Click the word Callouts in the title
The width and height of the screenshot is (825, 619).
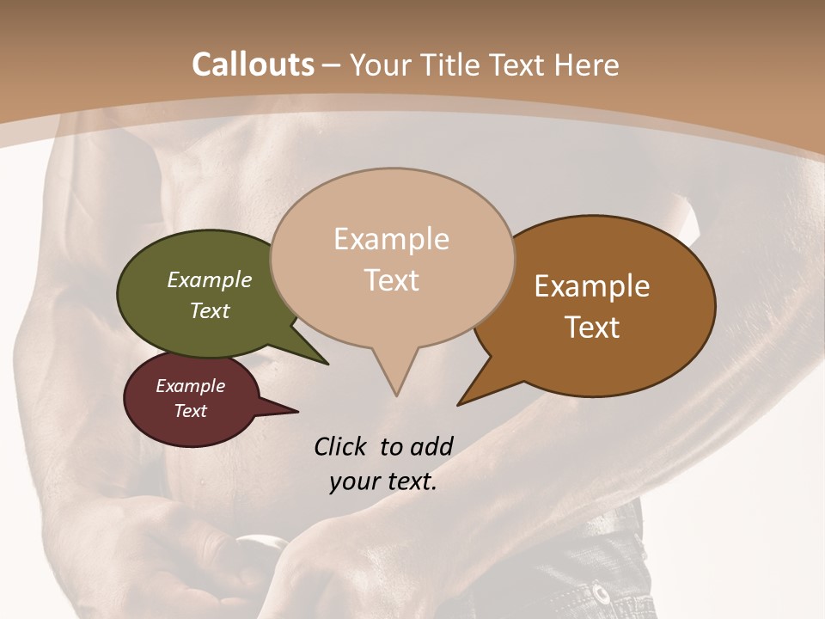253,64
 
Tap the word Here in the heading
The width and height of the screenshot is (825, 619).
587,64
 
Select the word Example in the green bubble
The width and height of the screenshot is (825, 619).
210,279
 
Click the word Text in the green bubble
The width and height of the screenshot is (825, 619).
210,310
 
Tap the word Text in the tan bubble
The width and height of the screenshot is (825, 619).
391,279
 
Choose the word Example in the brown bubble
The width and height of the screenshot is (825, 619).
592,285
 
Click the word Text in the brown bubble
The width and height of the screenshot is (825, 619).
592,327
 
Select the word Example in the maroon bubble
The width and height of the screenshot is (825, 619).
191,386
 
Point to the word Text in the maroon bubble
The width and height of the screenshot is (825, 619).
191,411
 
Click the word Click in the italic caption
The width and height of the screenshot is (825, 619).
342,446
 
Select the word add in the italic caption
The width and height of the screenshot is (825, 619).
431,446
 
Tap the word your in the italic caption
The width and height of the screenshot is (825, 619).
353,481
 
